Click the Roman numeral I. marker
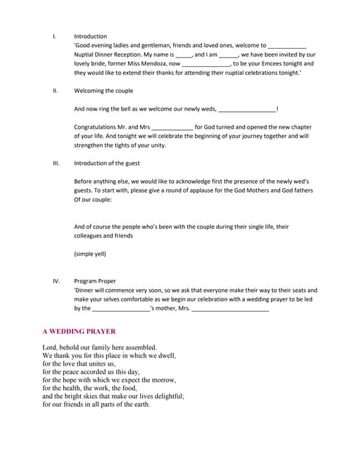tap(55, 36)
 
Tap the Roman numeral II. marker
tap(55, 91)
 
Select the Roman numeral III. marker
tap(56, 163)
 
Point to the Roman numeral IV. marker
tap(56, 280)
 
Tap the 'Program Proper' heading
tap(95, 280)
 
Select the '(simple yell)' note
tap(90, 254)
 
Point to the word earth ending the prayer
tap(140, 405)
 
